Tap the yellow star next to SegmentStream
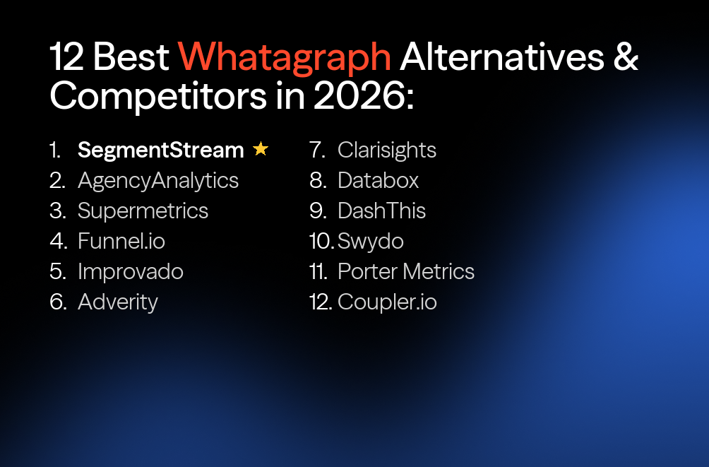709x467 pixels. click(x=261, y=149)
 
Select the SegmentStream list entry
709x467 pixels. click(x=160, y=150)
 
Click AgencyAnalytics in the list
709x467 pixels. click(x=158, y=181)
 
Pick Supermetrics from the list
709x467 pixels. click(x=143, y=211)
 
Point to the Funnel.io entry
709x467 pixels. click(x=121, y=242)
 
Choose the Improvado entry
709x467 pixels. click(x=131, y=272)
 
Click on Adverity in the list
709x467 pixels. click(x=118, y=302)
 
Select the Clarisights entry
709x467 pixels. click(x=387, y=150)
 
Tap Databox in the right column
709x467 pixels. click(x=379, y=181)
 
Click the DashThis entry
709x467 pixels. click(x=382, y=211)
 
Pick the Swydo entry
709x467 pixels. click(x=371, y=242)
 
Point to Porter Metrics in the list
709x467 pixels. click(x=406, y=272)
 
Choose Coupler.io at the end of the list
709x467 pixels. click(x=387, y=302)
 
